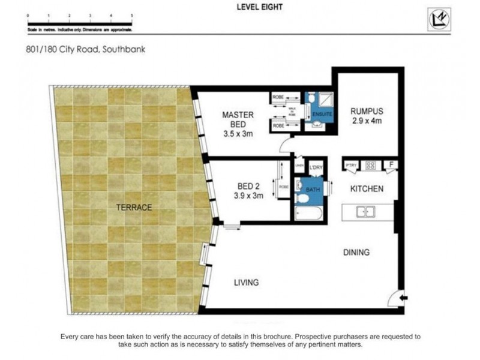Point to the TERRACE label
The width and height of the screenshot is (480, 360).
pos(134,208)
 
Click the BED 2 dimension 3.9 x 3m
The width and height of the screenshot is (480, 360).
pos(248,196)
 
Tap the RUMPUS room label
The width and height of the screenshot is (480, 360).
pos(367,111)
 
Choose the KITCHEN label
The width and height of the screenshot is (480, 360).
pos(367,189)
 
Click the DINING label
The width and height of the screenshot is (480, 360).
pos(356,253)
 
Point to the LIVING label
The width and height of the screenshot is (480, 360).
pos(246,282)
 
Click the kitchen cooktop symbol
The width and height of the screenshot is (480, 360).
pos(371,165)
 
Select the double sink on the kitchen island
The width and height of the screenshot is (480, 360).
pos(365,211)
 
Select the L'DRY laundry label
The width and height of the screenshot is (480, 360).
pos(316,167)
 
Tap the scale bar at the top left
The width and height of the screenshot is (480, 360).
pos(79,24)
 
